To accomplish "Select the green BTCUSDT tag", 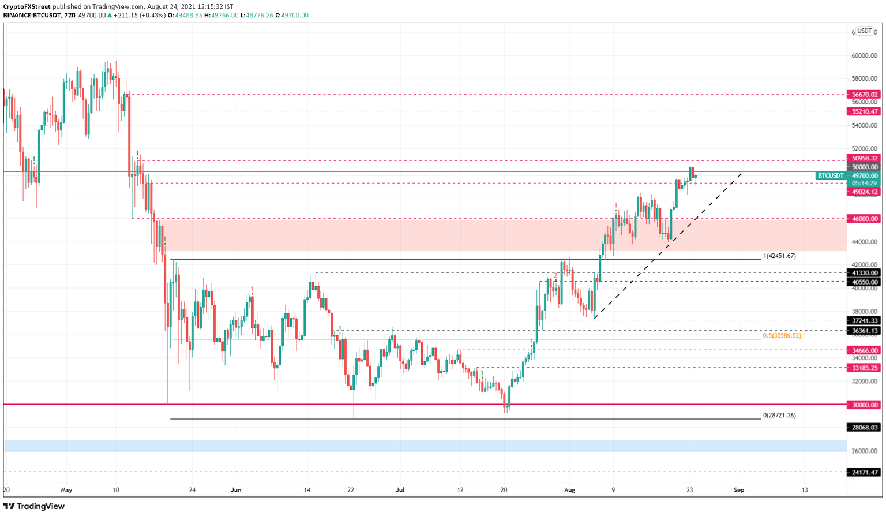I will [831, 175].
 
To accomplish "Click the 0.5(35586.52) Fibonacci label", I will [782, 336].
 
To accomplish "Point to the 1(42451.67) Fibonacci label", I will [779, 256].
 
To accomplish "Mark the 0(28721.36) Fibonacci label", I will [779, 416].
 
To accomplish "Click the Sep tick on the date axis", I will [739, 490].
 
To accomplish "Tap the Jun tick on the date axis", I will [235, 490].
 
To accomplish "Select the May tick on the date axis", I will [66, 490].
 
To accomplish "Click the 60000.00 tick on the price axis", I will [864, 56].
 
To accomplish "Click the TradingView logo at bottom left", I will [34, 506].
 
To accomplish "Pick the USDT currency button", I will [864, 31].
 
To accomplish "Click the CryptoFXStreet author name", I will [27, 7].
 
